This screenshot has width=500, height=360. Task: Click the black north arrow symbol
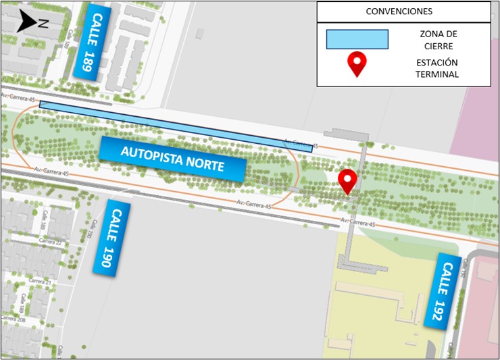(x=28, y=22)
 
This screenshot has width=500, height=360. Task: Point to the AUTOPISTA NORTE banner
(x=172, y=159)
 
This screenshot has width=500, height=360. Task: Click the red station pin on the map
(x=347, y=181)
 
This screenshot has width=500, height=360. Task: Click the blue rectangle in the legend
(x=357, y=39)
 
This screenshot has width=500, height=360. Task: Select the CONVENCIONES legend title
(x=403, y=11)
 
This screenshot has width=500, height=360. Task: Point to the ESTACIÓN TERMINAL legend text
(x=437, y=68)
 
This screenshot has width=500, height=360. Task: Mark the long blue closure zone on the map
(x=176, y=126)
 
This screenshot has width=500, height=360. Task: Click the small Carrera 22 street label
(x=50, y=241)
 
